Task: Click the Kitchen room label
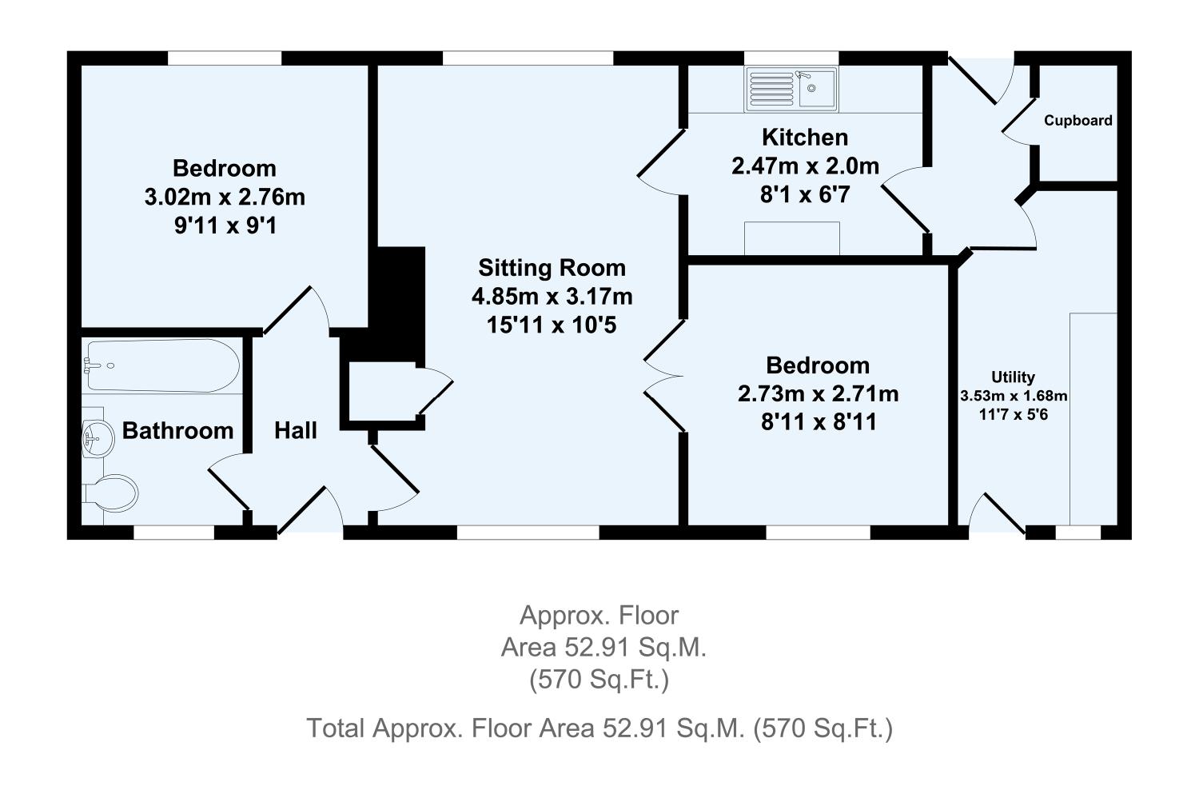805,138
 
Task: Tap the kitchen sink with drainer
791,88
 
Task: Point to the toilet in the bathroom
112,493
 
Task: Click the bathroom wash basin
98,437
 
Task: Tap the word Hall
296,431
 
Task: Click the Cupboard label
1078,121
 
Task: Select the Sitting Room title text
552,268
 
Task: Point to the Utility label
1013,377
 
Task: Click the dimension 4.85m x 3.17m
552,297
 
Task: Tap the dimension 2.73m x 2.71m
818,394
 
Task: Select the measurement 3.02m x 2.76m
225,197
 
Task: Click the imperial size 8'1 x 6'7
805,194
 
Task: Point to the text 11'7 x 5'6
1013,414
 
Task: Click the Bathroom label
177,431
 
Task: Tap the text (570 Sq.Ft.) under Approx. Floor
599,680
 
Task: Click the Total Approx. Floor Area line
599,728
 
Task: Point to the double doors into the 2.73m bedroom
662,376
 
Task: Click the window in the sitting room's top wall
528,58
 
